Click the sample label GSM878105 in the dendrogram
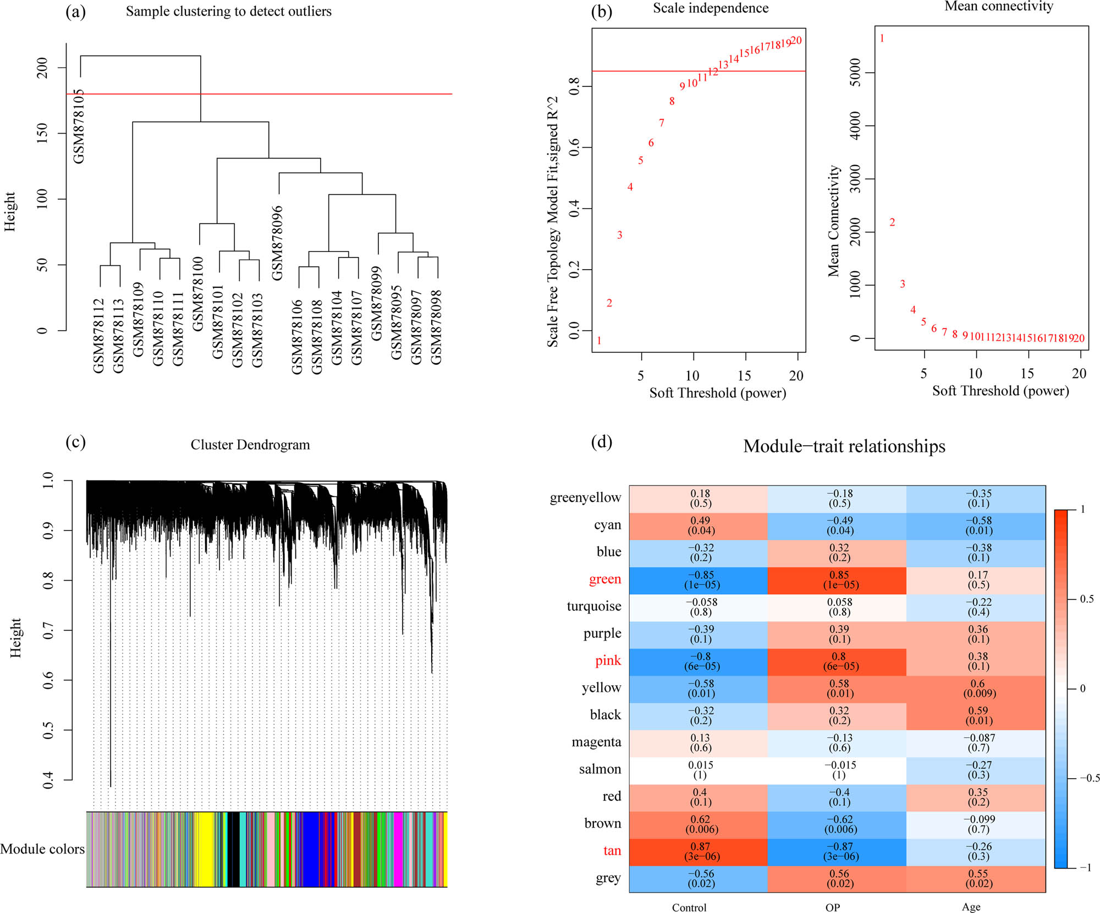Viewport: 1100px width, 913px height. [79, 127]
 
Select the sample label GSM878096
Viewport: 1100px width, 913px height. [277, 243]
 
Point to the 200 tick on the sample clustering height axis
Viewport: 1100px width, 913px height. [42, 68]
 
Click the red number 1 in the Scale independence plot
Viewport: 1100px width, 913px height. [599, 341]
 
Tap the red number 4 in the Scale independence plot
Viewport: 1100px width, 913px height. [630, 187]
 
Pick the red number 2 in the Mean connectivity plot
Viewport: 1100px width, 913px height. [892, 222]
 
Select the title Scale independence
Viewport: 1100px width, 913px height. [711, 8]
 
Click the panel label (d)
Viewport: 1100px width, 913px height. [601, 441]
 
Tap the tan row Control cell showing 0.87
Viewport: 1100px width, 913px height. [700, 851]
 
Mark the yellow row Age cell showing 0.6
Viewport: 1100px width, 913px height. [978, 688]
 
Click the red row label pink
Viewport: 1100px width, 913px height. [608, 660]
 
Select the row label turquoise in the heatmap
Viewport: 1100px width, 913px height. [594, 606]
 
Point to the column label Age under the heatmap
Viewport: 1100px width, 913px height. [971, 907]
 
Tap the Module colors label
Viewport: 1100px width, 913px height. [42, 849]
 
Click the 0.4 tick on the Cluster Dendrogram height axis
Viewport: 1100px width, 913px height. [48, 779]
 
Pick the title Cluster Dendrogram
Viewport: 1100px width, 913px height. [250, 445]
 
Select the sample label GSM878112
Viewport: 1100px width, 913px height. [98, 336]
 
